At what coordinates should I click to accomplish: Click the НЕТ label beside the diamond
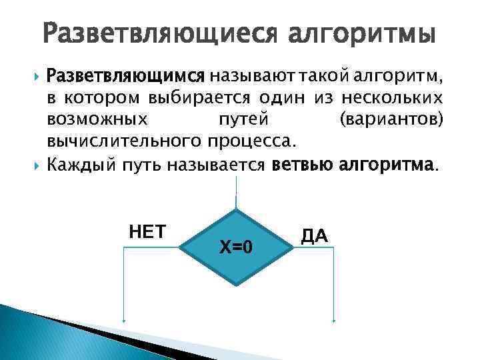pos(147,231)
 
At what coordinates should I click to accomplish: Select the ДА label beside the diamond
pos(315,235)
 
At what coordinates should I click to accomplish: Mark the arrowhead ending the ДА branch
pos(333,321)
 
